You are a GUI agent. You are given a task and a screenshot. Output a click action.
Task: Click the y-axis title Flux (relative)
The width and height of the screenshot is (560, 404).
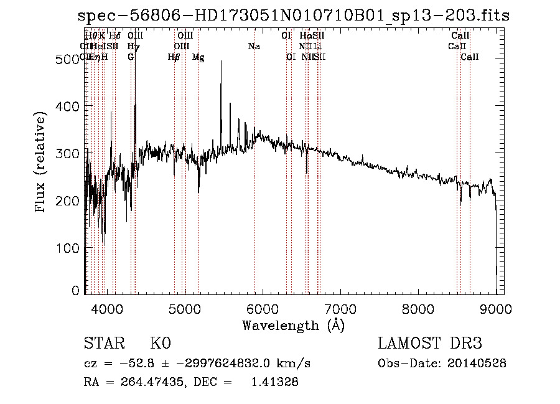click(41, 164)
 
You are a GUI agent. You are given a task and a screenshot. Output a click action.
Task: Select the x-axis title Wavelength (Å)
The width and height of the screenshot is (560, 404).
click(293, 325)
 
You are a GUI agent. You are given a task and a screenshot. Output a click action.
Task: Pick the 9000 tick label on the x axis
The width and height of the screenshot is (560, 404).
click(496, 309)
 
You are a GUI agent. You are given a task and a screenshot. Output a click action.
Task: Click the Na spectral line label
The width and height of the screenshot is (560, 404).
click(254, 47)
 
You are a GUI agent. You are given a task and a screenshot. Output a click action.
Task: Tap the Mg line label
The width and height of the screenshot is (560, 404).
click(198, 57)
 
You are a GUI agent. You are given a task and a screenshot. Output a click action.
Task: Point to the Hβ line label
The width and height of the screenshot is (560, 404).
click(174, 57)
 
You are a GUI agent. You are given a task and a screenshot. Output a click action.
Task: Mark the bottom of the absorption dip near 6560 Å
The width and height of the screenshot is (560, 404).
click(306, 172)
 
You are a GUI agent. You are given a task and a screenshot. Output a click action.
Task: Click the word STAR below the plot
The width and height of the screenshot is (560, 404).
click(103, 344)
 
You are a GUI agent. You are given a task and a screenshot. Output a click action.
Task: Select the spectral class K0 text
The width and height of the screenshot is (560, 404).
click(161, 344)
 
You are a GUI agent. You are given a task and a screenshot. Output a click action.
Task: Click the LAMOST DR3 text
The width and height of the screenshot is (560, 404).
click(430, 344)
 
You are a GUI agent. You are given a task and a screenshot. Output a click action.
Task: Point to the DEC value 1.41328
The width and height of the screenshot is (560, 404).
click(274, 382)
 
